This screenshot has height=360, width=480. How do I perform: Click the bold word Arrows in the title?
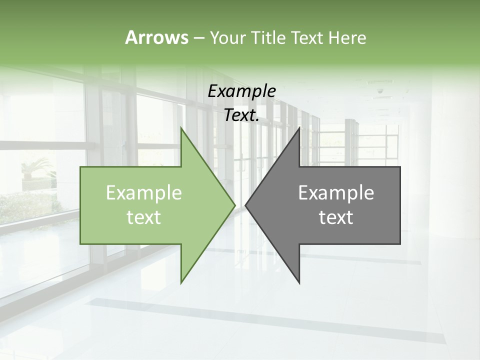(156, 37)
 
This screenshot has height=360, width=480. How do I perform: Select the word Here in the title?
(346, 37)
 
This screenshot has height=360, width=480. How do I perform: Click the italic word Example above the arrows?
(241, 91)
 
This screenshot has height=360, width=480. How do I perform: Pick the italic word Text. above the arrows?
(241, 115)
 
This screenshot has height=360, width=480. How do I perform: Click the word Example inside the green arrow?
(144, 193)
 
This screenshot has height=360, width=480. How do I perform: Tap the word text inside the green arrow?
(144, 217)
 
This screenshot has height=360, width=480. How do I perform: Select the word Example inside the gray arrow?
(336, 193)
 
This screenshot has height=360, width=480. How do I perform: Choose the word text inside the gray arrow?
(336, 217)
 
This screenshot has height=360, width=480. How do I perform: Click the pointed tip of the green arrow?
(234, 205)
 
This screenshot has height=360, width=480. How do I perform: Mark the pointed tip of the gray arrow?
(245, 205)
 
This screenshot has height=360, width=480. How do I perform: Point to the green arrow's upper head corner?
(181, 128)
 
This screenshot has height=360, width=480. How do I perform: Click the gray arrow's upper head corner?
(299, 128)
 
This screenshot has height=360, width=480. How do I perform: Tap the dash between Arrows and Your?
(198, 38)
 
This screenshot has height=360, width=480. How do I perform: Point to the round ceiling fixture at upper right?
(380, 91)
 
